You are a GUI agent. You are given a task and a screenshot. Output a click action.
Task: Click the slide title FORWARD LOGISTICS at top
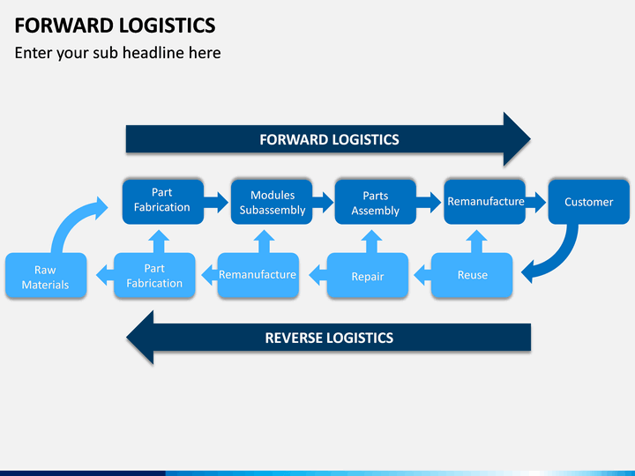pos(115,26)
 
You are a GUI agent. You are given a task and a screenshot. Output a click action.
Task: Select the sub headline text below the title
pos(117,53)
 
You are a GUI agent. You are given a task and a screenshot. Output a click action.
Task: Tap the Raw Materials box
pos(46,276)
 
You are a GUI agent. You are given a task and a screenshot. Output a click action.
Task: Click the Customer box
pos(589,202)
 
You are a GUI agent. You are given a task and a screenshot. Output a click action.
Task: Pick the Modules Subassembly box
pos(272,202)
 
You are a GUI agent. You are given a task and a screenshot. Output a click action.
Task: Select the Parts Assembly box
pos(376,202)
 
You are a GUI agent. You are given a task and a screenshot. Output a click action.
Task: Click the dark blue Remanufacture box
pos(485,202)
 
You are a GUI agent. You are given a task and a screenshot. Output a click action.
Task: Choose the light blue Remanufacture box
pos(258,276)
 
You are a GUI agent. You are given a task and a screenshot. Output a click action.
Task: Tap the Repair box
pos(368,276)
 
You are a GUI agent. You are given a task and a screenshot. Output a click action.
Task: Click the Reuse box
pos(472,276)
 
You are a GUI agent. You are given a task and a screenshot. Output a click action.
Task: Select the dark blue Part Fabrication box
pos(163,202)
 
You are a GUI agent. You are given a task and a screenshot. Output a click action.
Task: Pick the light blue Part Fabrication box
pos(154,276)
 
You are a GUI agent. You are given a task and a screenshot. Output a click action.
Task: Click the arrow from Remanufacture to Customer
pos(536,202)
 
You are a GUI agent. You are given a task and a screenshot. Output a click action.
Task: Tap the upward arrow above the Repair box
pos(371,242)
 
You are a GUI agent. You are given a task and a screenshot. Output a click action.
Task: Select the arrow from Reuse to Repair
pos(422,275)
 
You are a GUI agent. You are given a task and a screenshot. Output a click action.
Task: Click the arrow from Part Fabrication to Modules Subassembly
pos(216,202)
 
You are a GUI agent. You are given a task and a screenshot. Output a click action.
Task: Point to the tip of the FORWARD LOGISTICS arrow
pos(531,139)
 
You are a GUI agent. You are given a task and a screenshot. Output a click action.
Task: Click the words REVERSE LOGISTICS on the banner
pos(329,338)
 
